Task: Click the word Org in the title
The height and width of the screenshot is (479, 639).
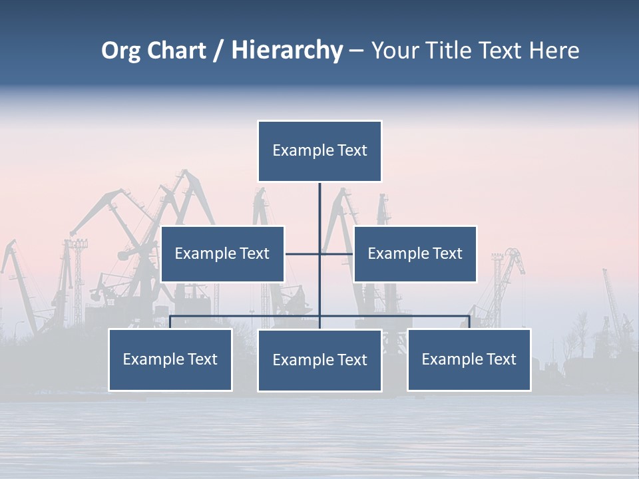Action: (121, 51)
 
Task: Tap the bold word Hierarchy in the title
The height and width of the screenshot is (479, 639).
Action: (287, 51)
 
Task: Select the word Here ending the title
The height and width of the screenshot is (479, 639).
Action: (554, 51)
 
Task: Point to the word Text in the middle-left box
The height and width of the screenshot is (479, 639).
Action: (254, 253)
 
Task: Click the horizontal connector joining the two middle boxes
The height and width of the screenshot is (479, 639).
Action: (303, 253)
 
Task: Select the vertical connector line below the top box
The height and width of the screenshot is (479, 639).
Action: (319, 206)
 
